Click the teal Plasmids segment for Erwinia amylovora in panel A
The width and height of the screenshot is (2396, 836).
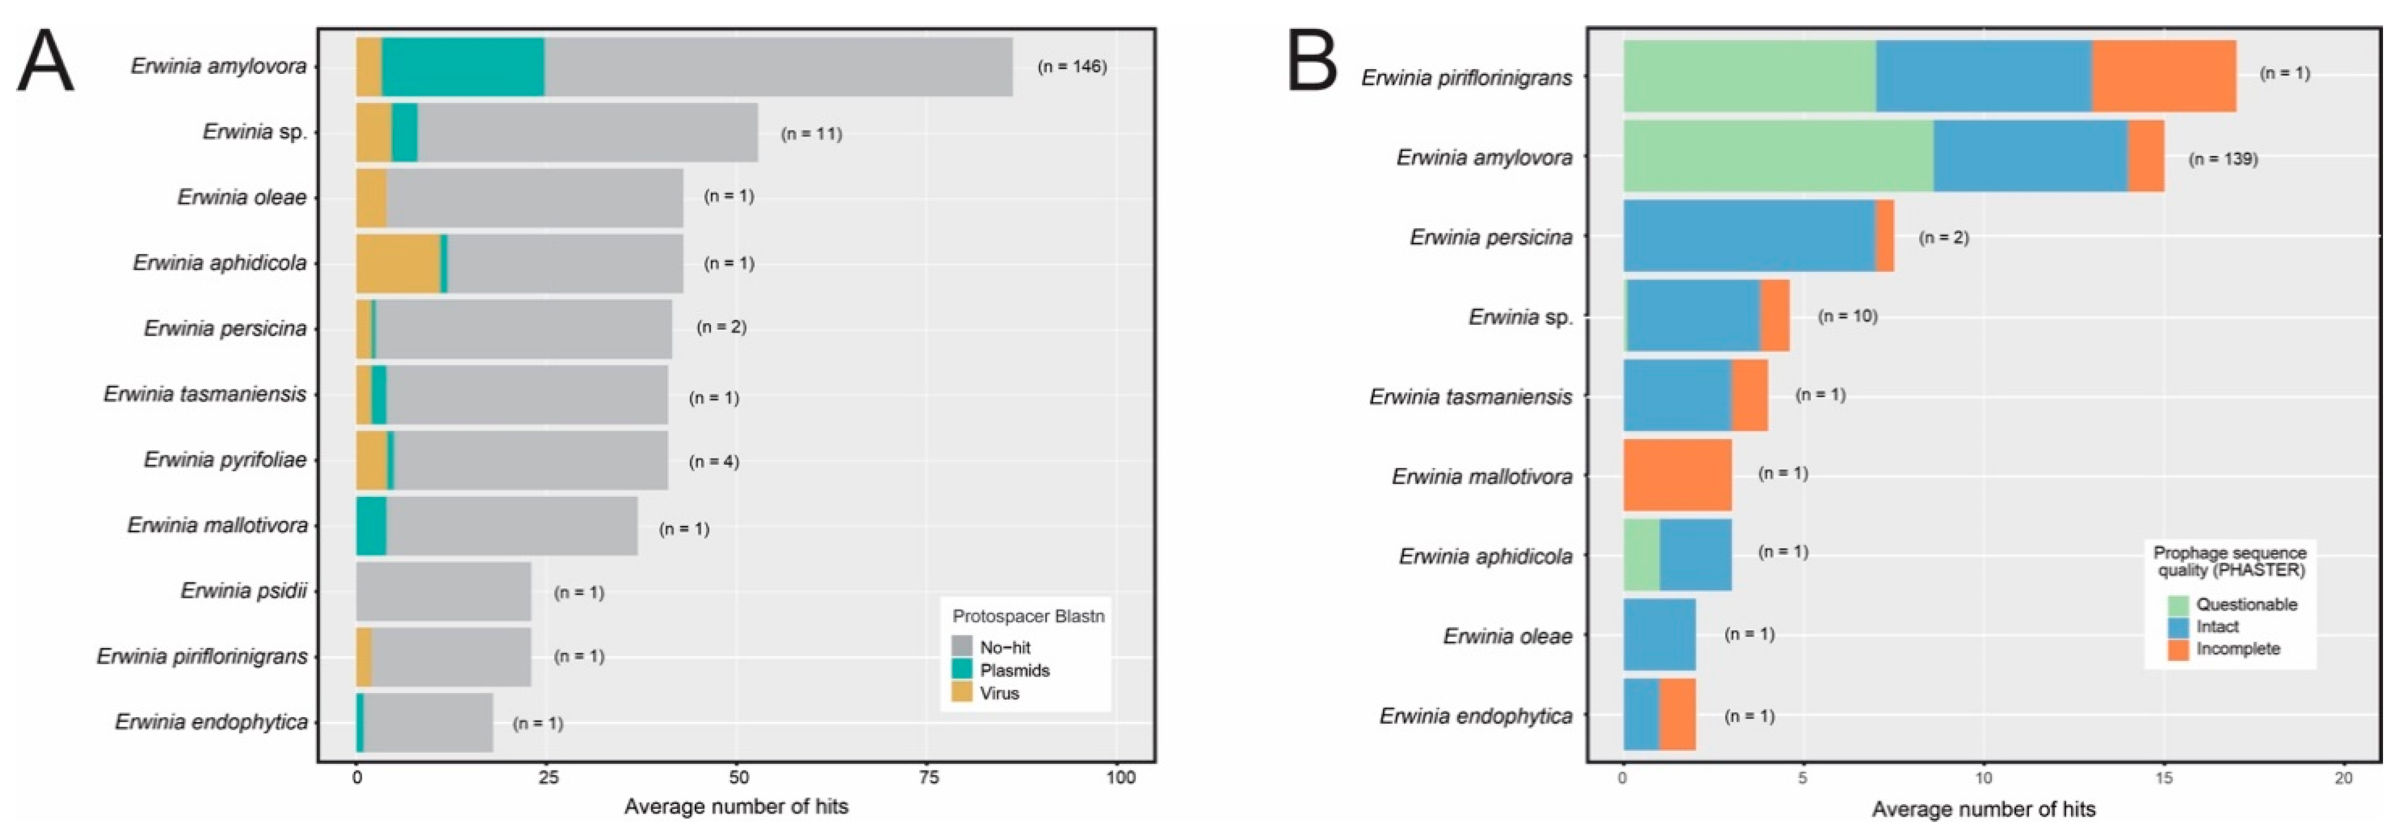[x=462, y=67]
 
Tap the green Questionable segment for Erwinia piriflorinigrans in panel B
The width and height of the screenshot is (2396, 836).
[x=1748, y=76]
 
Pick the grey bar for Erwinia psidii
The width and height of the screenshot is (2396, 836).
[x=443, y=591]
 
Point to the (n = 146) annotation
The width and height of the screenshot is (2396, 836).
[x=1071, y=67]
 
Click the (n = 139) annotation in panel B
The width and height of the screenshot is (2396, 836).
[x=2222, y=159]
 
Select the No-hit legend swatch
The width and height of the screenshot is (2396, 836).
[x=962, y=647]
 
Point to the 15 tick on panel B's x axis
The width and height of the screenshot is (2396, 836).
[x=2164, y=778]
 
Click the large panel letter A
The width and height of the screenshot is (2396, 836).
[x=45, y=61]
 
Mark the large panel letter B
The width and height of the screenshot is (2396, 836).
[x=1312, y=61]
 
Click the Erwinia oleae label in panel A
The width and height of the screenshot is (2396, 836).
[x=242, y=197]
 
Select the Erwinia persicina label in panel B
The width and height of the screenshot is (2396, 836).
[x=1490, y=237]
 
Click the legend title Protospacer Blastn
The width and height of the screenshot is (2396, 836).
[x=1028, y=617]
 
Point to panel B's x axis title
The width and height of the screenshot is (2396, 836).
[x=1983, y=809]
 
